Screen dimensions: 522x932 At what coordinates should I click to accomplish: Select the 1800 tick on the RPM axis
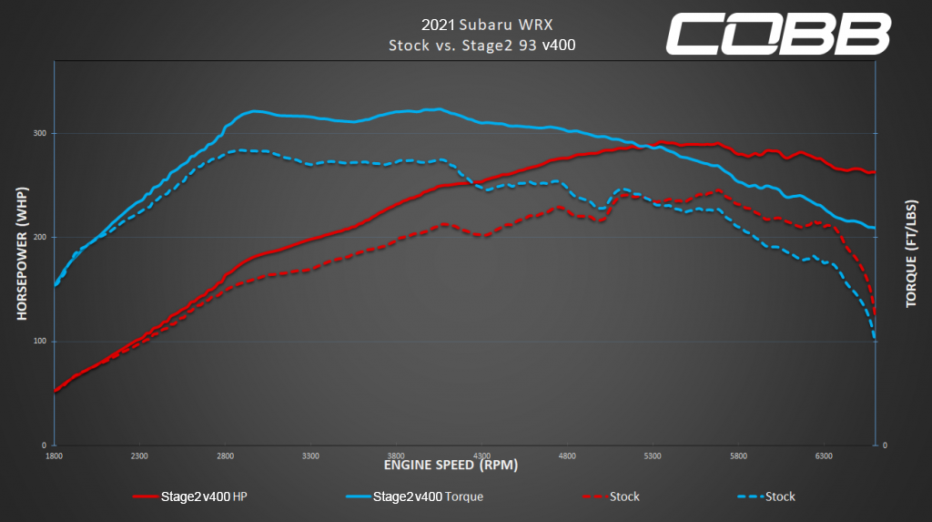coord(54,455)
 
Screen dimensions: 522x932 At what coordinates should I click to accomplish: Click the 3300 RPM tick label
coord(310,455)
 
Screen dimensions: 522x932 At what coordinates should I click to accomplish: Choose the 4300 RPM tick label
coord(481,455)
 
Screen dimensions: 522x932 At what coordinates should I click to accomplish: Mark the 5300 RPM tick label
coord(653,455)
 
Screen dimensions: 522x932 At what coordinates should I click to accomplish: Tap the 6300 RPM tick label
coord(824,455)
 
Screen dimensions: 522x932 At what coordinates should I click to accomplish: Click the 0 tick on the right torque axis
coord(885,445)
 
